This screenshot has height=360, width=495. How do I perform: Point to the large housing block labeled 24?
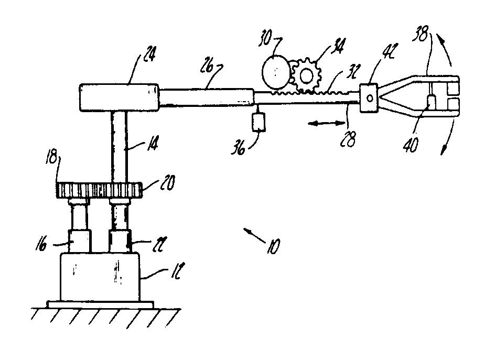120,97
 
